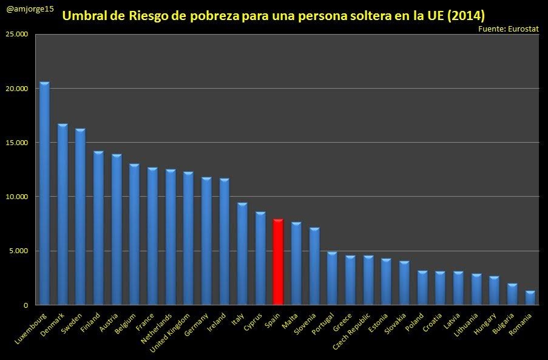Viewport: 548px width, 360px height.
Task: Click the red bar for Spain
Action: tap(278, 262)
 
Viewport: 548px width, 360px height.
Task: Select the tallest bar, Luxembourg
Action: tap(44, 194)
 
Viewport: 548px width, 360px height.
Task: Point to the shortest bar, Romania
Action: tap(530, 298)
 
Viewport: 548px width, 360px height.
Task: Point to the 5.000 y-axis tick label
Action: tap(18, 251)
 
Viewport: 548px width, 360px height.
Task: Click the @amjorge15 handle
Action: tap(30, 9)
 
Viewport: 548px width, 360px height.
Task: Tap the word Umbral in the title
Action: tap(85, 15)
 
